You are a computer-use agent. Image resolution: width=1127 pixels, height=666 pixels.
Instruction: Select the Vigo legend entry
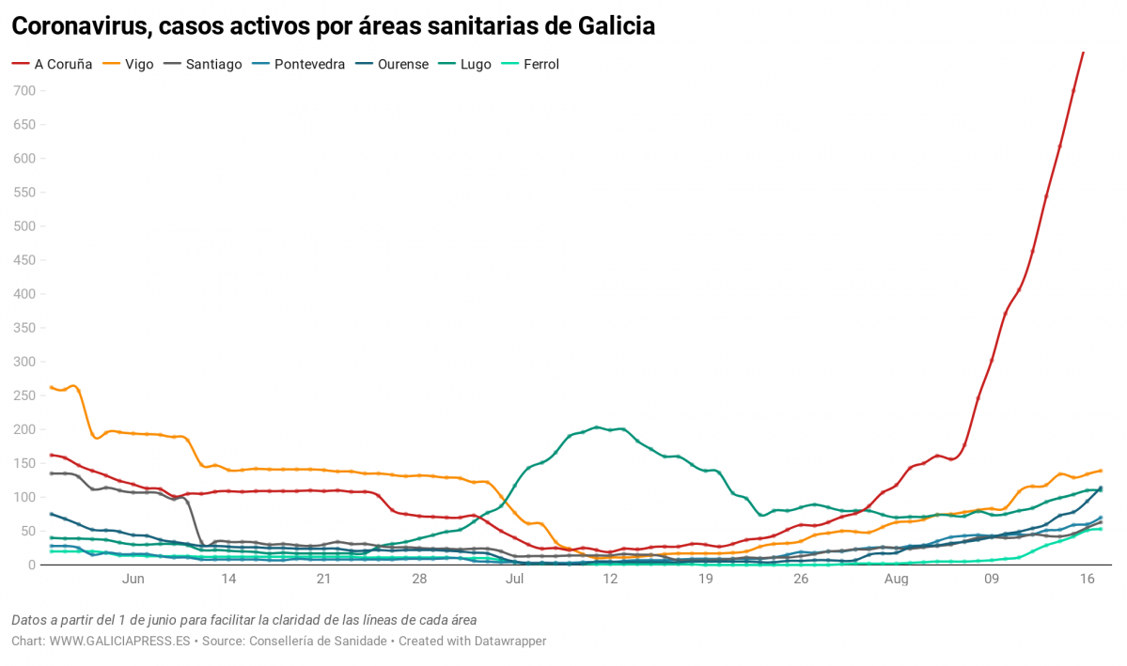[139, 65]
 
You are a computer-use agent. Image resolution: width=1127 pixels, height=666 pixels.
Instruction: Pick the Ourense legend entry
[402, 65]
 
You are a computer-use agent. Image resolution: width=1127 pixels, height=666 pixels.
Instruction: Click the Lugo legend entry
[476, 65]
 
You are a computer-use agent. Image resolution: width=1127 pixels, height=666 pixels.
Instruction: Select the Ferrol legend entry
[540, 65]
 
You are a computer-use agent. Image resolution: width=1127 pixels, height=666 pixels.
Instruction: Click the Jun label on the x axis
[133, 580]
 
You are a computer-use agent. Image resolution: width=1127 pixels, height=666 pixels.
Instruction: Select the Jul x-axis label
[514, 580]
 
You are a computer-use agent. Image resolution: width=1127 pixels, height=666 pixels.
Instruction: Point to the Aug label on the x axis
[896, 580]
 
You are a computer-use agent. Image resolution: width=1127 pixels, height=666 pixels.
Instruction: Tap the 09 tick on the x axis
[992, 580]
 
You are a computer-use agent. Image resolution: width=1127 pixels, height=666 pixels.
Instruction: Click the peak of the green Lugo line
[598, 427]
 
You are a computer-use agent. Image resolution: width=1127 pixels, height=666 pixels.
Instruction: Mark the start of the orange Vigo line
[51, 387]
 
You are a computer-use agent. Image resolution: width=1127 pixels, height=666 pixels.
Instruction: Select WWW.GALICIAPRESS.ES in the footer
[119, 641]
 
